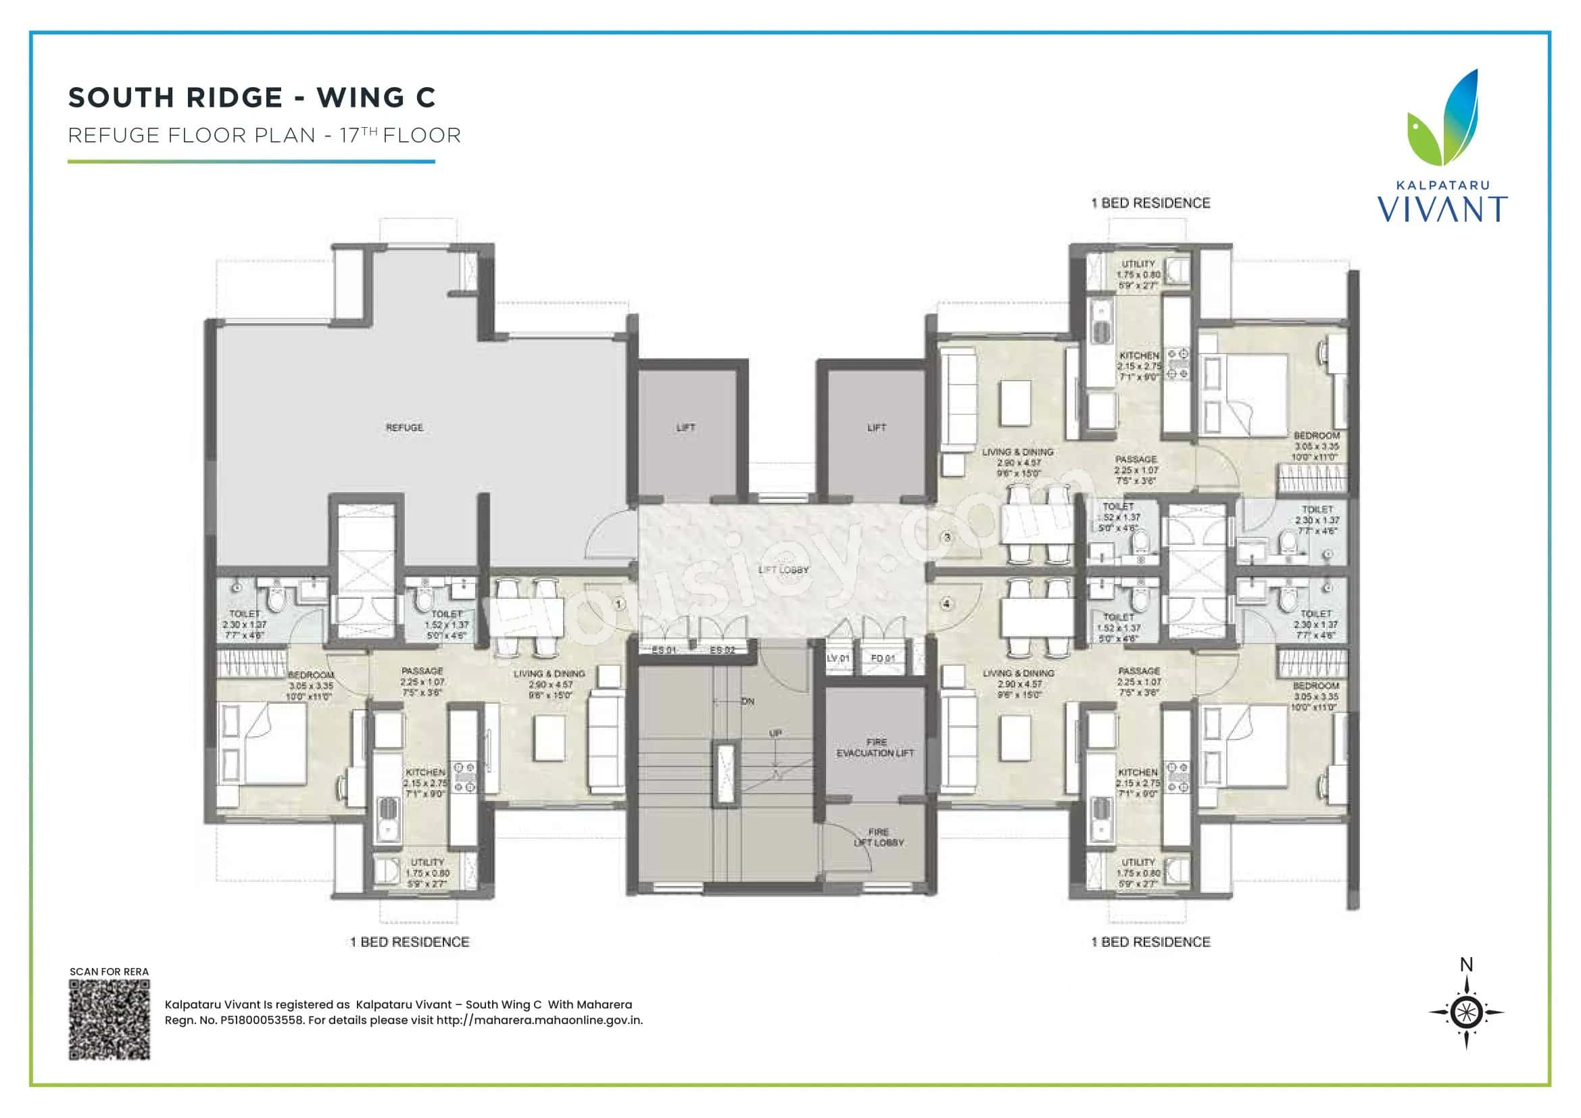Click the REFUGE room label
point(404,427)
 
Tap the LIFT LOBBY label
point(783,570)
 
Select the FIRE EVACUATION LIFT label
point(875,748)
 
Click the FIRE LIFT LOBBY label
point(879,837)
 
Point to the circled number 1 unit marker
point(618,604)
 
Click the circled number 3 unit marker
point(947,537)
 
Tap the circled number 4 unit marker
point(947,604)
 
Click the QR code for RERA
point(110,1019)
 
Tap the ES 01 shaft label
point(664,650)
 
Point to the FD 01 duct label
point(883,658)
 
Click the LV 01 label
point(838,658)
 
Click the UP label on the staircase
point(775,734)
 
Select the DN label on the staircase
point(748,702)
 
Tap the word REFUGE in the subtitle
point(114,135)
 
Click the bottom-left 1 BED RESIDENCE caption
point(410,942)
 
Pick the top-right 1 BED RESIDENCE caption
point(1150,203)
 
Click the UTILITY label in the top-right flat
point(1138,264)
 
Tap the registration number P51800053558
point(262,1020)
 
